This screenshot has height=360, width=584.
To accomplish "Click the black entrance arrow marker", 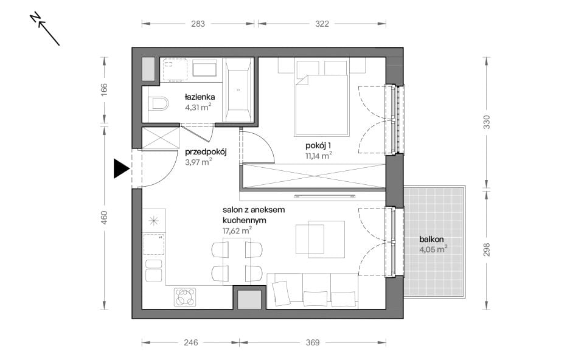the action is pyautogui.click(x=121, y=168).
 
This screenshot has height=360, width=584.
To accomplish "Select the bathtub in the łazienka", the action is pyautogui.click(x=238, y=90).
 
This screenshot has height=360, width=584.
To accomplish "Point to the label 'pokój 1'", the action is pyautogui.click(x=318, y=145).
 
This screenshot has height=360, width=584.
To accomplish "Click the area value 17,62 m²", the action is pyautogui.click(x=237, y=231).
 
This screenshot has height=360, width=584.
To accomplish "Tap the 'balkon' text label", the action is pyautogui.click(x=431, y=240).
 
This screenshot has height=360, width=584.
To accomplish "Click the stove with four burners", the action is pyautogui.click(x=185, y=297).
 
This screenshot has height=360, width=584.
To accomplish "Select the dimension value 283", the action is pyautogui.click(x=198, y=24).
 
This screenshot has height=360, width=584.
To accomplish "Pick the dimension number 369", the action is pyautogui.click(x=312, y=342).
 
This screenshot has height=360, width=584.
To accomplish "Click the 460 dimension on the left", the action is pyautogui.click(x=104, y=218).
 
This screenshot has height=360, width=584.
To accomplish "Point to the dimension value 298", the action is pyautogui.click(x=487, y=249).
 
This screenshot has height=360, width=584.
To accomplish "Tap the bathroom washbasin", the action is pyautogui.click(x=204, y=69).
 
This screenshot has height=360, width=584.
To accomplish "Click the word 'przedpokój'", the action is pyautogui.click(x=206, y=152).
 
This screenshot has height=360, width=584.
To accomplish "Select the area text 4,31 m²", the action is pyautogui.click(x=198, y=108).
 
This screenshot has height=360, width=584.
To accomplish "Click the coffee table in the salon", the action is pyautogui.click(x=321, y=239).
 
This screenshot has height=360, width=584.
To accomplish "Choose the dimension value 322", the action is pyautogui.click(x=322, y=24).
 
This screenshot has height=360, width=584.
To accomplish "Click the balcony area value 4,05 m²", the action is pyautogui.click(x=434, y=249).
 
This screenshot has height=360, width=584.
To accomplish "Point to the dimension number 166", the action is pyautogui.click(x=104, y=90).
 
